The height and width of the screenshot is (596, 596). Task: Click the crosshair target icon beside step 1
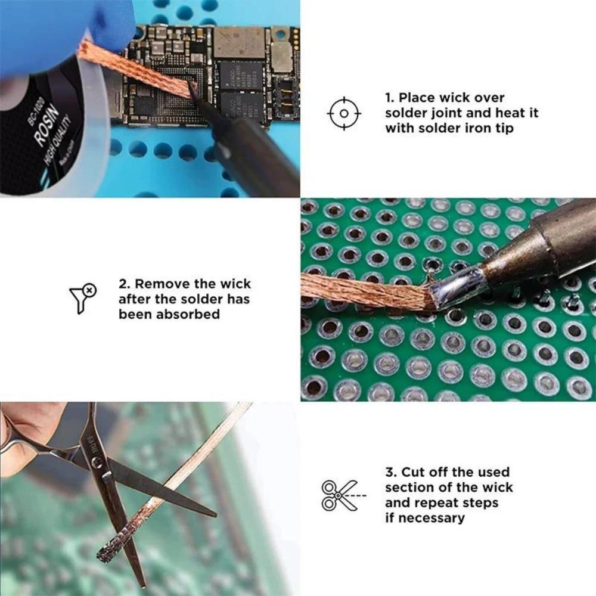click(x=344, y=113)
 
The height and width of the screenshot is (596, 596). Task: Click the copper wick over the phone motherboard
click(x=137, y=69)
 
